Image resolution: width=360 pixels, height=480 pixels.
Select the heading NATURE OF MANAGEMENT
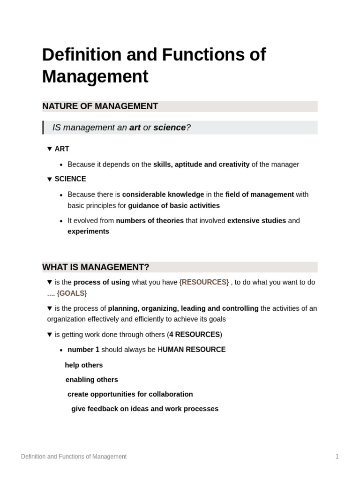tap(100, 106)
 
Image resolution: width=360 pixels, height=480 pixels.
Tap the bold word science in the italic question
tap(169, 127)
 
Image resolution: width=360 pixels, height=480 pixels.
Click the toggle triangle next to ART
tap(50, 149)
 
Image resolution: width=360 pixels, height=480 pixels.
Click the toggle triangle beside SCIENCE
tap(50, 179)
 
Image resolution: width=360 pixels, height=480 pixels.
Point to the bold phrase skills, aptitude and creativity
tap(201, 165)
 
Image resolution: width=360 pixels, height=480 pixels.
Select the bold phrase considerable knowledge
tap(163, 195)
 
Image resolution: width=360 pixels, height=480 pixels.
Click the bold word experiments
tap(88, 232)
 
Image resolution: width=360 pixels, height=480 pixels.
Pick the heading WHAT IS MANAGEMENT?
tap(96, 267)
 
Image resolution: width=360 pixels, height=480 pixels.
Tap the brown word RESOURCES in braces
tap(204, 282)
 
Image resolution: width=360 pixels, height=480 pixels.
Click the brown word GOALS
tap(72, 293)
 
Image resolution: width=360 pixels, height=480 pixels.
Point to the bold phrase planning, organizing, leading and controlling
tap(183, 308)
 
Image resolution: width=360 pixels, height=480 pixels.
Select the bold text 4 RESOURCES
tap(195, 335)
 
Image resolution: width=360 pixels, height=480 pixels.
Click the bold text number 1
tap(83, 350)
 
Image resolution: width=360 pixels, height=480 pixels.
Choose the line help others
tap(84, 365)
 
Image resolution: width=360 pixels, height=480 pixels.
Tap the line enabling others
tap(91, 380)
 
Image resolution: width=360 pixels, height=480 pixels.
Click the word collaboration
tap(170, 394)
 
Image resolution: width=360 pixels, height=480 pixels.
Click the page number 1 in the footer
tap(337, 457)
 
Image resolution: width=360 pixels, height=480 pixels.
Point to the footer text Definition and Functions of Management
tap(74, 457)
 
